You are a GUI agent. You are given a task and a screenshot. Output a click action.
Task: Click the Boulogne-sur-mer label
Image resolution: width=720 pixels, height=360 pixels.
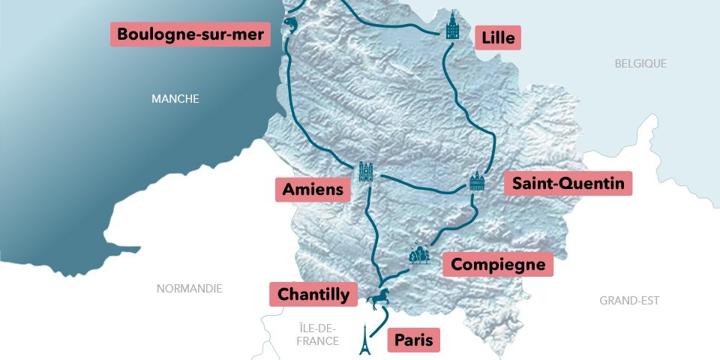click(190, 34)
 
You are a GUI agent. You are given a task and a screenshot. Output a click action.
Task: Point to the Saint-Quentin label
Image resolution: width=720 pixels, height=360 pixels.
click(568, 184)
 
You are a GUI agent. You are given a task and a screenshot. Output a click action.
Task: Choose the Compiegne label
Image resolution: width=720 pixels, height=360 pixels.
click(498, 264)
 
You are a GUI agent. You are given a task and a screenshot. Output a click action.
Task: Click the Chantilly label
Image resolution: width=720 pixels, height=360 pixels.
click(313, 294)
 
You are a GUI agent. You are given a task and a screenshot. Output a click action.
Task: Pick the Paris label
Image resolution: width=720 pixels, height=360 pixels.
click(413, 340)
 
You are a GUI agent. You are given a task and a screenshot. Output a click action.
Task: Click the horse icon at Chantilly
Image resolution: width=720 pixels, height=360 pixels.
click(378, 298)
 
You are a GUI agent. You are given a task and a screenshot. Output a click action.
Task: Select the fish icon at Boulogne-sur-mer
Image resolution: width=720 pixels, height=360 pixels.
click(290, 26)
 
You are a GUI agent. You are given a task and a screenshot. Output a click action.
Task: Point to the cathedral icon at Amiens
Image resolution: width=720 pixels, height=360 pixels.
click(366, 172)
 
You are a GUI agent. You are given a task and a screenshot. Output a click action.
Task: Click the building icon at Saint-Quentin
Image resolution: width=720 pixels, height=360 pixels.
click(477, 182)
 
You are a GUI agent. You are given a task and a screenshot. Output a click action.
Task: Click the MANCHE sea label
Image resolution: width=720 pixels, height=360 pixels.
click(175, 98)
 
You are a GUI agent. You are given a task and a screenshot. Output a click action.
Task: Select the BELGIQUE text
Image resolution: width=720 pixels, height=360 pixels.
click(640, 64)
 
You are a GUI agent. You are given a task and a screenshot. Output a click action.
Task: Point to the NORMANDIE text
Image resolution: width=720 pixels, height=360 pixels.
click(189, 289)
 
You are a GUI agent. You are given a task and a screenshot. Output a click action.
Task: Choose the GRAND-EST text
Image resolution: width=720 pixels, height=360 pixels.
click(629, 301)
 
